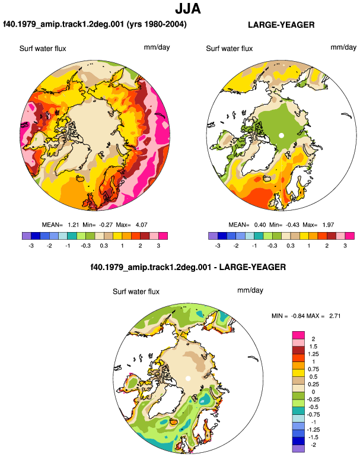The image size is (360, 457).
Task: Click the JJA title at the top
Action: pyautogui.click(x=188, y=9)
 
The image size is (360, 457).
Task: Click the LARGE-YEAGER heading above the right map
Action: pyautogui.click(x=281, y=25)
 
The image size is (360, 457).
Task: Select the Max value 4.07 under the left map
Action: pyautogui.click(x=141, y=225)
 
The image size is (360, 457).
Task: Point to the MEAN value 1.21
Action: pyautogui.click(x=74, y=225)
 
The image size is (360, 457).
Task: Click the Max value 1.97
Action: pyautogui.click(x=328, y=225)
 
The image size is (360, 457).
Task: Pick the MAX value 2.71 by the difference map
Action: pyautogui.click(x=335, y=316)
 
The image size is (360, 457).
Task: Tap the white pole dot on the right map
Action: pyautogui.click(x=281, y=135)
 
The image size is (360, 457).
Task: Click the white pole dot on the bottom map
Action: pyautogui.click(x=188, y=379)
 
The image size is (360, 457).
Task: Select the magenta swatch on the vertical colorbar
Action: pyautogui.click(x=298, y=335)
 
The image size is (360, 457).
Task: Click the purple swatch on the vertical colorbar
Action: pyautogui.click(x=298, y=449)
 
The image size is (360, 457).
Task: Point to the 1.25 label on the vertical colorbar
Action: pyautogui.click(x=313, y=354)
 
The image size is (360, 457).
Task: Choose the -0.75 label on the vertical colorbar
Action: pyautogui.click(x=313, y=415)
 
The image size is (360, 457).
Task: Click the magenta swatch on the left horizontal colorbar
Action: pyautogui.click(x=163, y=236)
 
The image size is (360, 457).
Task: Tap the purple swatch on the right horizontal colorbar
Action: pyautogui.click(x=213, y=236)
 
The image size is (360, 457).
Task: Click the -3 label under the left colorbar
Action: pyautogui.click(x=31, y=246)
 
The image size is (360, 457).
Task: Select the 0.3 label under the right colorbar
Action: pyautogui.click(x=291, y=246)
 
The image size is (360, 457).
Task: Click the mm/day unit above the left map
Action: pyautogui.click(x=157, y=47)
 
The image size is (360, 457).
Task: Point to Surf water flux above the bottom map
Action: pyautogui.click(x=136, y=291)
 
